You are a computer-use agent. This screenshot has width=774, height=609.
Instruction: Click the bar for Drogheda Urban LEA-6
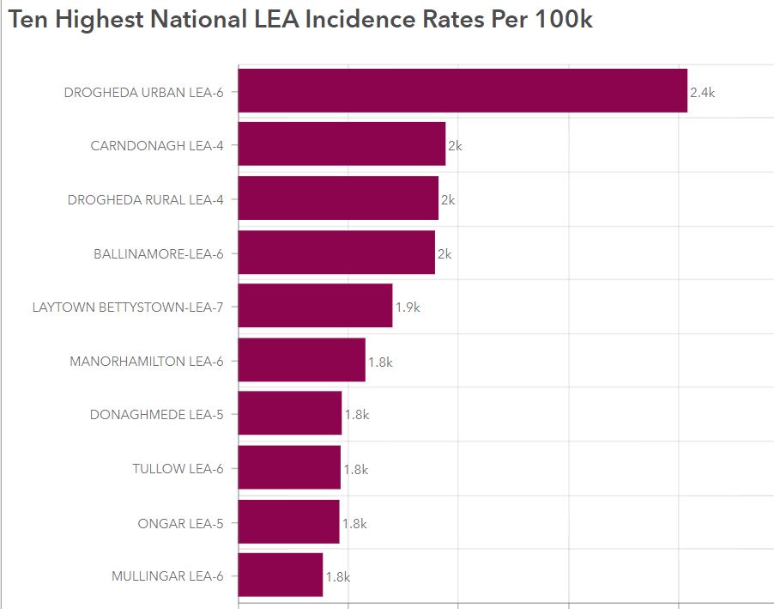click(463, 90)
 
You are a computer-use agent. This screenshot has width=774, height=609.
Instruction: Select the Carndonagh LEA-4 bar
click(342, 144)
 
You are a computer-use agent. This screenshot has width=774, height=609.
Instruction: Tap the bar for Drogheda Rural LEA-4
click(338, 198)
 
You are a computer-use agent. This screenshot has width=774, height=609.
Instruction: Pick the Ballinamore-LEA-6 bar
click(336, 253)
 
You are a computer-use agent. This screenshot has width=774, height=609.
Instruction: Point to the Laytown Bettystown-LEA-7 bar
click(315, 306)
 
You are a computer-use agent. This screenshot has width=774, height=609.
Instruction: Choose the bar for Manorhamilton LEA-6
click(301, 360)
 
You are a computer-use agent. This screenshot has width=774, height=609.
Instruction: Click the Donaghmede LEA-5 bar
click(290, 414)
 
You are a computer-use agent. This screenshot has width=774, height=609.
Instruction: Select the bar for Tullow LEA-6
click(289, 467)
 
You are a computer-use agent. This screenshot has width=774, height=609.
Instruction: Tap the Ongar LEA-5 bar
click(288, 521)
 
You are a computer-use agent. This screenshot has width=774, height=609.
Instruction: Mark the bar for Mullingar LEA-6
click(281, 575)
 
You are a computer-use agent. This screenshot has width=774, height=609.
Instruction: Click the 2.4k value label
click(702, 93)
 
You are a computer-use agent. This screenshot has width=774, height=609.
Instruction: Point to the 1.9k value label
click(408, 307)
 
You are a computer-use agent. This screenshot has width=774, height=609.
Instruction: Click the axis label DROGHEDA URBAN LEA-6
click(143, 92)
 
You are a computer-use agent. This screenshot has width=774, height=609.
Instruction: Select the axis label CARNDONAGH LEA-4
click(157, 146)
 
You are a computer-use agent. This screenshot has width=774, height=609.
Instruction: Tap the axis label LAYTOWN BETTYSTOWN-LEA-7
click(128, 307)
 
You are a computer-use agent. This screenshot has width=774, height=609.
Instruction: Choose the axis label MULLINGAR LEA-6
click(167, 576)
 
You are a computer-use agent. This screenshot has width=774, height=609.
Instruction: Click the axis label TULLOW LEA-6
click(178, 468)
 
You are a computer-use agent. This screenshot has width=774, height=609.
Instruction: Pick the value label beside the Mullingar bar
click(338, 577)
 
